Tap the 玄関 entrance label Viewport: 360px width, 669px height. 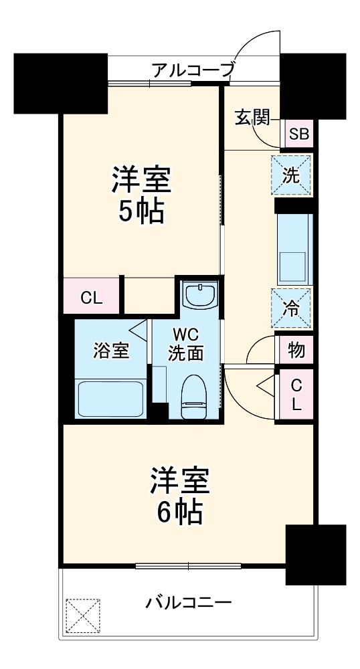coord(252,118)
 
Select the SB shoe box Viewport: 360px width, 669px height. coord(298,134)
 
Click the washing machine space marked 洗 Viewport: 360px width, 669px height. coord(292,175)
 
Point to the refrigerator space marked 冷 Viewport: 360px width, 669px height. coord(292,309)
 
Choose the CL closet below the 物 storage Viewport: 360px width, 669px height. coord(295,395)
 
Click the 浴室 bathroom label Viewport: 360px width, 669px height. coord(111,350)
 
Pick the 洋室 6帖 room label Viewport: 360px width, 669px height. coord(180,495)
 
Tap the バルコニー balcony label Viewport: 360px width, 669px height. coord(189,603)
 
